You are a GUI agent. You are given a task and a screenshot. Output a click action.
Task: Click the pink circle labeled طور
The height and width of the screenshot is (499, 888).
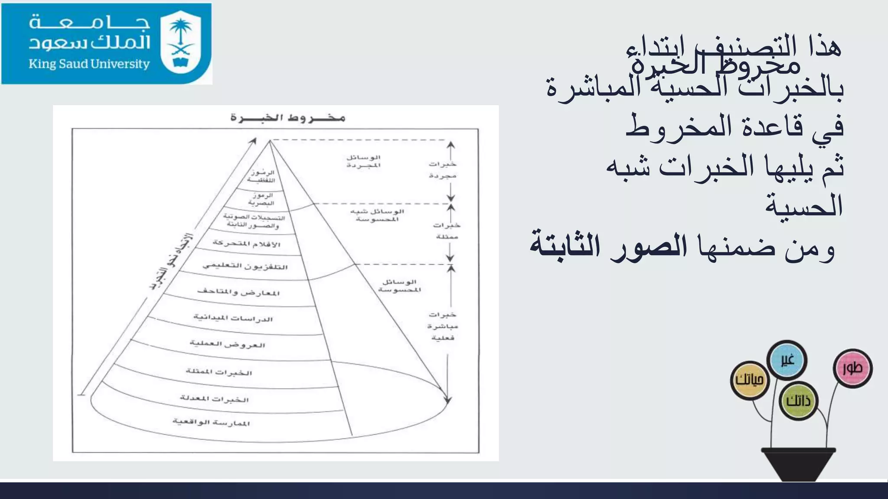[852, 368]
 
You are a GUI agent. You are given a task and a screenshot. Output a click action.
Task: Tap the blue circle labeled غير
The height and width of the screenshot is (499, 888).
[787, 360]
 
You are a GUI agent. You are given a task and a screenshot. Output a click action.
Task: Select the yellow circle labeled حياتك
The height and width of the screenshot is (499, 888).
[749, 380]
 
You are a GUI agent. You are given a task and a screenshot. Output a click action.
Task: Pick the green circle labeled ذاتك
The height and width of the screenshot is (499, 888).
[798, 401]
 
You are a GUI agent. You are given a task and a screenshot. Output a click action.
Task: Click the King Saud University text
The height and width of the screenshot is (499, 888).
[89, 64]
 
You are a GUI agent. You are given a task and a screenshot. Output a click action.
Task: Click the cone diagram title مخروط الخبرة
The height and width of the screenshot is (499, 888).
[287, 117]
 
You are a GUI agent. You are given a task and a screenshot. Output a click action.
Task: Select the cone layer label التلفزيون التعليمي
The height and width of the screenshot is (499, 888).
[245, 266]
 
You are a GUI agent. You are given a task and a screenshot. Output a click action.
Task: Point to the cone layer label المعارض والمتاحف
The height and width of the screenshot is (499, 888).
[238, 292]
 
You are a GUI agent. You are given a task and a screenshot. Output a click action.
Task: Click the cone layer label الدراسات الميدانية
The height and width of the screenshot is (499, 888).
[233, 318]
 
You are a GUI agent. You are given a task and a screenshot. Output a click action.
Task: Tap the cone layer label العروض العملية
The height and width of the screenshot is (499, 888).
[228, 345]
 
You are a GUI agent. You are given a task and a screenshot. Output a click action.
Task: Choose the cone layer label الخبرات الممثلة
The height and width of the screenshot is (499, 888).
[219, 372]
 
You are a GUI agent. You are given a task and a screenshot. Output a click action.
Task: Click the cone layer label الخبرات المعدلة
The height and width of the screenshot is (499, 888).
[215, 399]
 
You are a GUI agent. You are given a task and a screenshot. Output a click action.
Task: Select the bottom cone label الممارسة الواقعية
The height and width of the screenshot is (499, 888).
[211, 422]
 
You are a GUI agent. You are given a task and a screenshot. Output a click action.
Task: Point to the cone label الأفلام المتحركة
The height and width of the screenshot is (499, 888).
[247, 244]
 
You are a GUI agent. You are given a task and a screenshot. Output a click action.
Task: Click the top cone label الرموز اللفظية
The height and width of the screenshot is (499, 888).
[262, 176]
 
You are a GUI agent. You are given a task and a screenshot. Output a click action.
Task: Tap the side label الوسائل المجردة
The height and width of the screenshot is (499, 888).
[363, 161]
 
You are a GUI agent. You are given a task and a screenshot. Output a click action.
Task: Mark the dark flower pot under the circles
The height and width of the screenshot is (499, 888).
[798, 463]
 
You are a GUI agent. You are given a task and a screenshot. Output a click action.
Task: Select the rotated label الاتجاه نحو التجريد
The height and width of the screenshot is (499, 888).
[171, 262]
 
